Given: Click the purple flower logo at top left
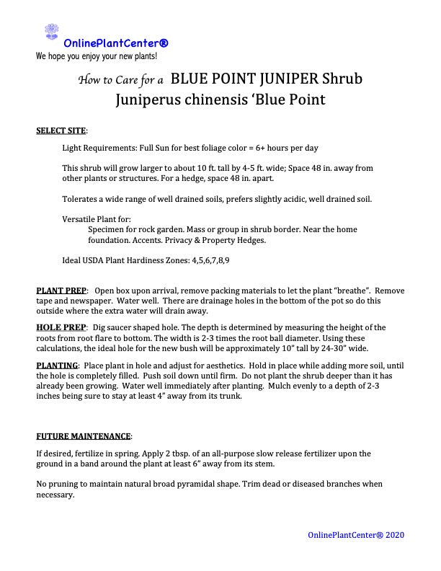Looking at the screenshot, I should point(51,32).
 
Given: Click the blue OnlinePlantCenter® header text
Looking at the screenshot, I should point(116,43).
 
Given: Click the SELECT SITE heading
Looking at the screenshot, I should point(61,131).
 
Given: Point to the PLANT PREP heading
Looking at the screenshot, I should point(61,290).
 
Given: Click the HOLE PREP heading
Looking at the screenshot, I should point(61,327).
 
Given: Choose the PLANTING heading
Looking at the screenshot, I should point(57,365).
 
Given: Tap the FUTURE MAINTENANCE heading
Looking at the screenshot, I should point(84,436).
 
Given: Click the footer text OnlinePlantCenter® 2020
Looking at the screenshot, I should point(356,535).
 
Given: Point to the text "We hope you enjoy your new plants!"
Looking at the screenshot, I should point(97,56).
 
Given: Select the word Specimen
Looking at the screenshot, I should point(108,229).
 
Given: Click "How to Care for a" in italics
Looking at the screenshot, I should point(121,80).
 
